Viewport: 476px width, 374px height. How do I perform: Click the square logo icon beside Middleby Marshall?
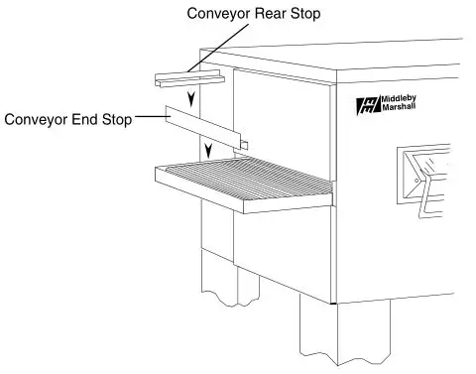(365, 107)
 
